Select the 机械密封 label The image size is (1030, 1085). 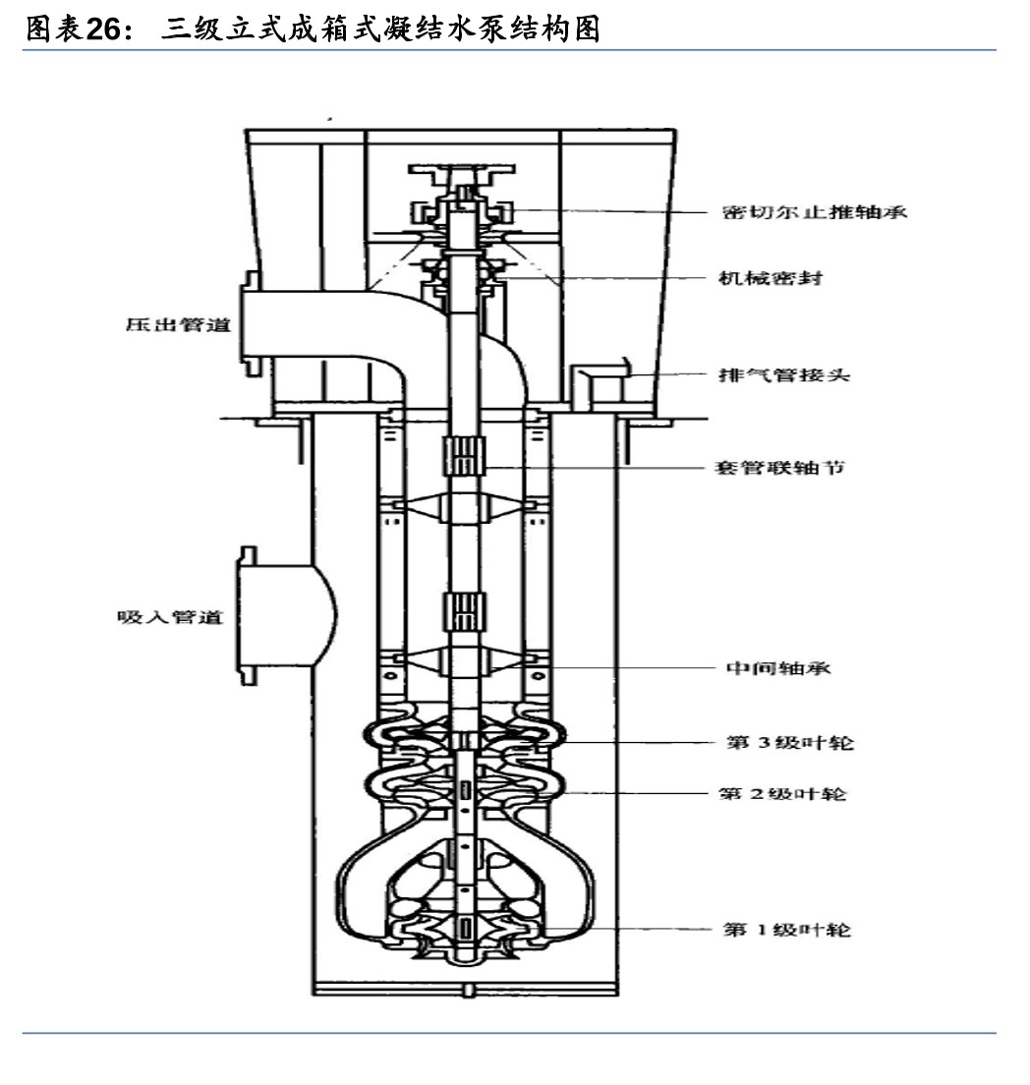(x=770, y=278)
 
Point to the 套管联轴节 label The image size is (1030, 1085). (x=778, y=467)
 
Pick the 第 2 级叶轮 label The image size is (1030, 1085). (x=782, y=792)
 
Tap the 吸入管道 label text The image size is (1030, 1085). (x=170, y=617)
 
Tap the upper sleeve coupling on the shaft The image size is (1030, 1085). (x=463, y=458)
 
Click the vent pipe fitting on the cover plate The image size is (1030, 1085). (x=596, y=388)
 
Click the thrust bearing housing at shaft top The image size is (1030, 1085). (x=463, y=209)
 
